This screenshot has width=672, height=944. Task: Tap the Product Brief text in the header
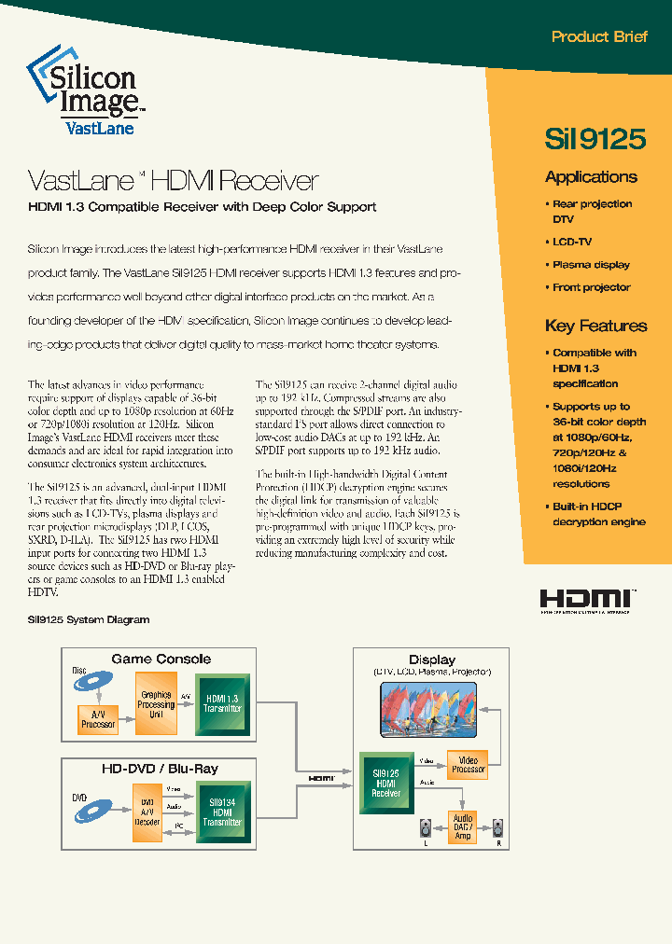pyautogui.click(x=599, y=37)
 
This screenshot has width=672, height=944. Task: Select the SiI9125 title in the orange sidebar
pyautogui.click(x=595, y=138)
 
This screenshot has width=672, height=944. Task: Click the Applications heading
pyautogui.click(x=591, y=177)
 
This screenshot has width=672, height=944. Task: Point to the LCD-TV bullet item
pyautogui.click(x=571, y=243)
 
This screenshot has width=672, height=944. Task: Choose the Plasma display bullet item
pyautogui.click(x=590, y=265)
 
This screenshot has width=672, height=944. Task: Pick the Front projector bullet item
pyautogui.click(x=590, y=287)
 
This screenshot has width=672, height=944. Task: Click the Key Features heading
pyautogui.click(x=595, y=326)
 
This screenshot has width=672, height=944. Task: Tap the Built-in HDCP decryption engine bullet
pyautogui.click(x=597, y=514)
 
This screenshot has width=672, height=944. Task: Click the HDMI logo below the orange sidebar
pyautogui.click(x=587, y=601)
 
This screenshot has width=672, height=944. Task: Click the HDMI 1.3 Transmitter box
pyautogui.click(x=222, y=704)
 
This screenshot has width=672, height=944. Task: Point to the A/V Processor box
pyautogui.click(x=98, y=719)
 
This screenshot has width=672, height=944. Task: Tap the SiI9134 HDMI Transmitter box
pyautogui.click(x=222, y=810)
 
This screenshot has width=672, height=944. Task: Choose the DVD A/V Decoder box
pyautogui.click(x=147, y=811)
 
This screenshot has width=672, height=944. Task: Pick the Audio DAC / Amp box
pyautogui.click(x=463, y=826)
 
